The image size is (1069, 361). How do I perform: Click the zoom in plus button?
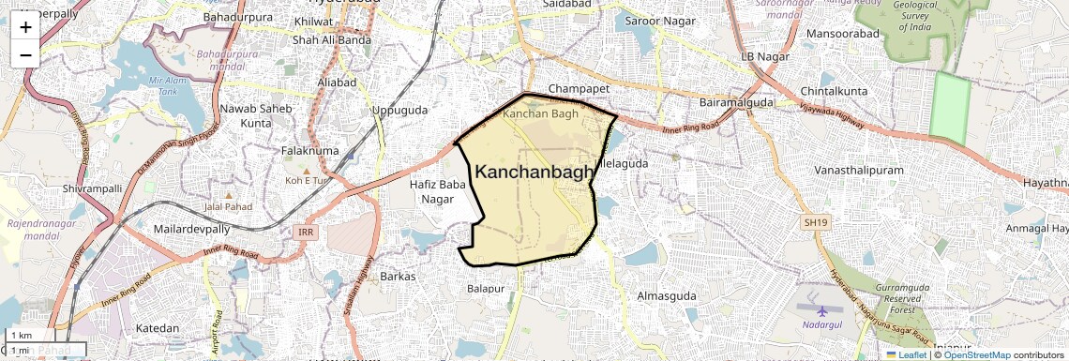25,27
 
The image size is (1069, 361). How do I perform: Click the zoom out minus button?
25,54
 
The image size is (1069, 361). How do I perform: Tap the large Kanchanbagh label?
534,172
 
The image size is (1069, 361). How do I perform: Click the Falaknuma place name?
309,150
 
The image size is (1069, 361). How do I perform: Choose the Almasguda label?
667,295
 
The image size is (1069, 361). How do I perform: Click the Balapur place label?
486,289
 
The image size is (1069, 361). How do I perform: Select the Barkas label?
399,277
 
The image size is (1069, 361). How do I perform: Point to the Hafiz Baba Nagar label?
438,191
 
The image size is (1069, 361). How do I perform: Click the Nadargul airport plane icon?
822,308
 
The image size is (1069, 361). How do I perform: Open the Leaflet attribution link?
907,354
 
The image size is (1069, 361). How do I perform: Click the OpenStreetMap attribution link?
976,354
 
